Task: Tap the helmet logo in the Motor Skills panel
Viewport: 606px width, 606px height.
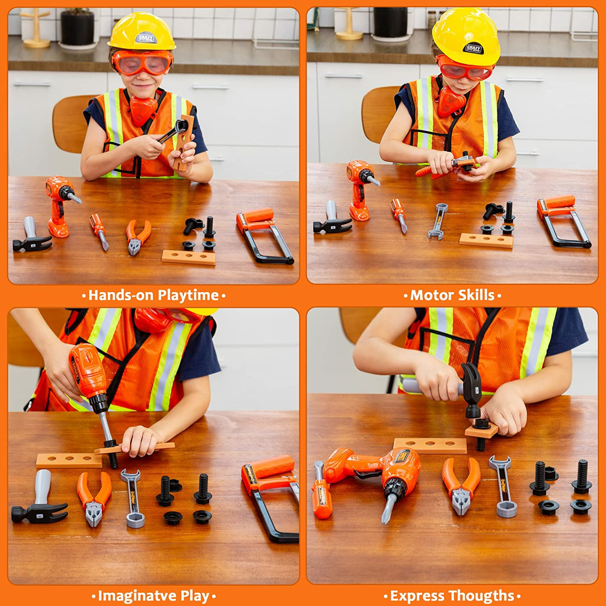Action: (473, 49)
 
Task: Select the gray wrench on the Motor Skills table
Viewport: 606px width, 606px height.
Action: (438, 221)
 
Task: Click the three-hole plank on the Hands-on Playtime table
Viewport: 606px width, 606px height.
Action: (189, 257)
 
